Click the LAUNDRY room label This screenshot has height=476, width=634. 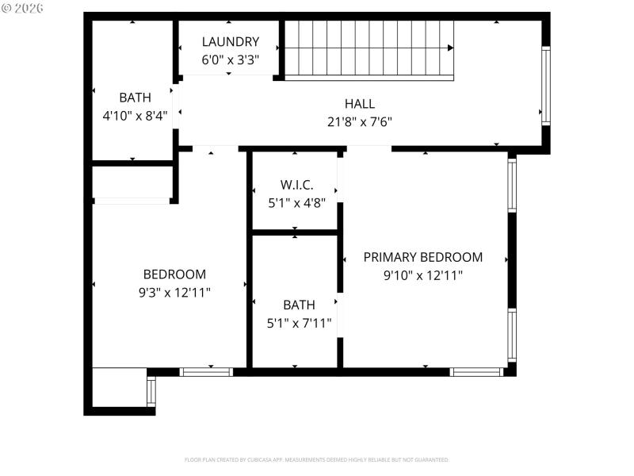[x=230, y=42]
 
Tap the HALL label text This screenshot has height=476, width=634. [x=359, y=104]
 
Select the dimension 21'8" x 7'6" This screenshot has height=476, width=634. [x=359, y=121]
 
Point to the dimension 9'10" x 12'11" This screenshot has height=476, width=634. [x=422, y=275]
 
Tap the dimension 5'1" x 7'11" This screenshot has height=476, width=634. [x=299, y=323]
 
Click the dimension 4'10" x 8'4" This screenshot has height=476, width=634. [x=135, y=116]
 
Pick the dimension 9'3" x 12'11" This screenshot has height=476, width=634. [x=174, y=292]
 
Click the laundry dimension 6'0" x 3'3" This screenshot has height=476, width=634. [x=230, y=59]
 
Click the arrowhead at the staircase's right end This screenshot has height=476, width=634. [x=450, y=48]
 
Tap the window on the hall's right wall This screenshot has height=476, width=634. [x=545, y=86]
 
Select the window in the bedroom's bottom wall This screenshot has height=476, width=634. [x=206, y=371]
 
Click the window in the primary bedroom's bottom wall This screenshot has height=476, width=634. [x=476, y=371]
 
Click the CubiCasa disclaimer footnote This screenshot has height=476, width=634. [x=317, y=459]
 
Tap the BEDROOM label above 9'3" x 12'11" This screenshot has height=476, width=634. [x=174, y=274]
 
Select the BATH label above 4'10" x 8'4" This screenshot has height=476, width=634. [x=135, y=98]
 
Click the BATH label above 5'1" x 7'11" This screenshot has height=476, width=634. [x=299, y=305]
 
